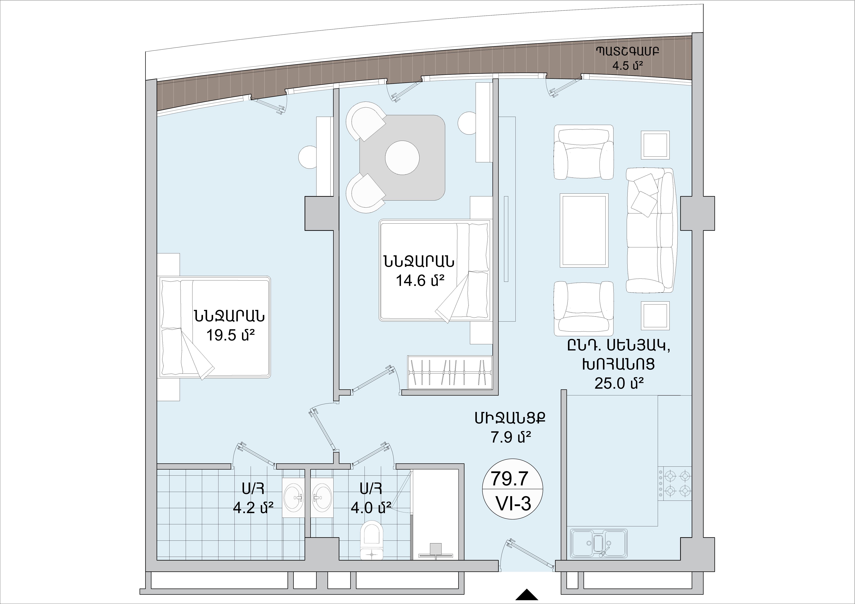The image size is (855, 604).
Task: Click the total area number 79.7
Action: coord(510,479)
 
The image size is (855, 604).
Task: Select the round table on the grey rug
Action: coord(402,157)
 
